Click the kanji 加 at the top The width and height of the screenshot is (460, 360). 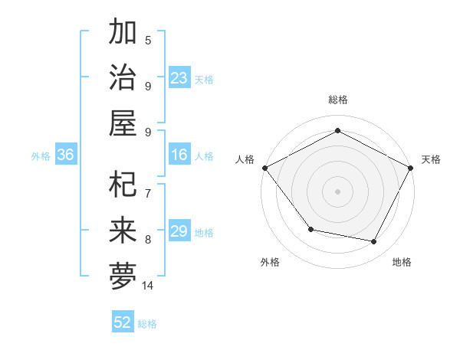point(123,33)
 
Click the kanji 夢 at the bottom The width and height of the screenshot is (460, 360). point(123,277)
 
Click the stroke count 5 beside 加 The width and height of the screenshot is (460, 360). point(148,40)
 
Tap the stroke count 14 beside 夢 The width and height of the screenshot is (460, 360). point(148,286)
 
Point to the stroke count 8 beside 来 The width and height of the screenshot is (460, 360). point(148,239)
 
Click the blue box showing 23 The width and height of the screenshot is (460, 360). point(179,78)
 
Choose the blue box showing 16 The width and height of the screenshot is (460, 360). point(179,155)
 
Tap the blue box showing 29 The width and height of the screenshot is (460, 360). point(179,232)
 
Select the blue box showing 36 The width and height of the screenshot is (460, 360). point(66,155)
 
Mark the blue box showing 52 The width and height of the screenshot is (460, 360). point(123,323)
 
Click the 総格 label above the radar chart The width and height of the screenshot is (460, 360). point(337,100)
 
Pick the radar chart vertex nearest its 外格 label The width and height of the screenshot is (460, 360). point(310,229)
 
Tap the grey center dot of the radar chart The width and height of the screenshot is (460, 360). point(337,191)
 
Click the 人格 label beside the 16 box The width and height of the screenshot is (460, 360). point(204,156)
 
